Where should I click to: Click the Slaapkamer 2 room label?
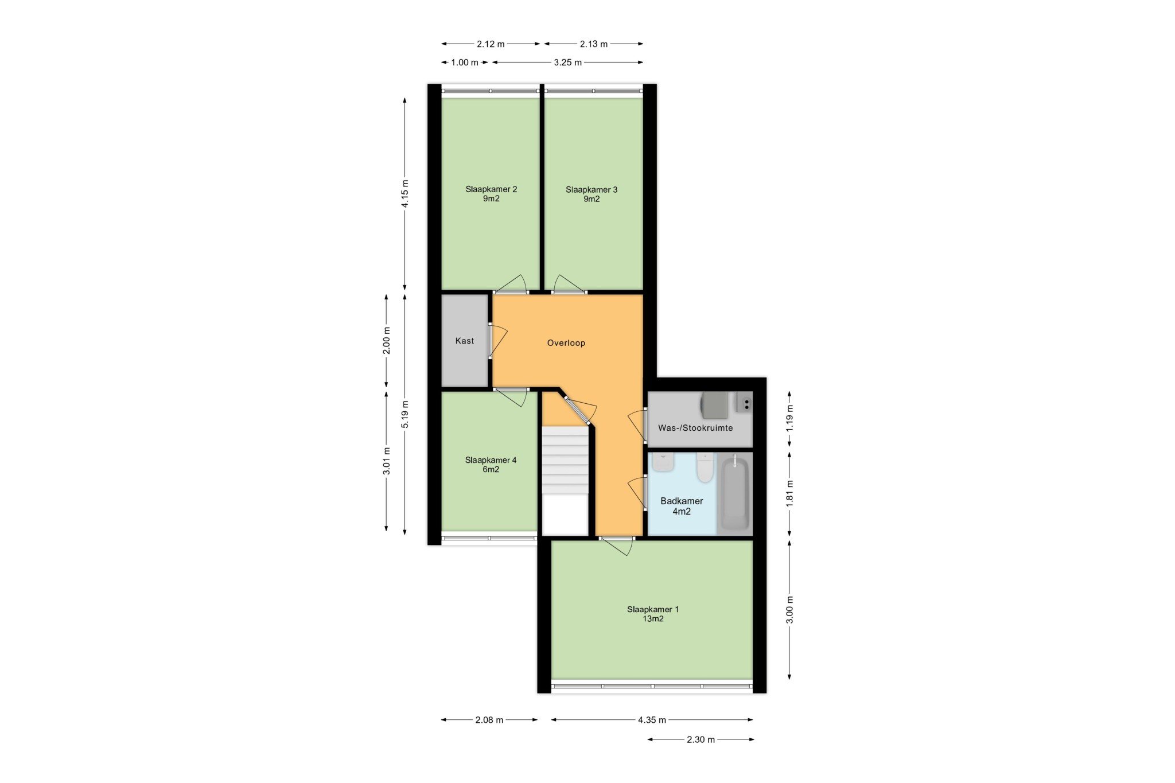(491, 194)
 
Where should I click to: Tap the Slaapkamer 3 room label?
(592, 194)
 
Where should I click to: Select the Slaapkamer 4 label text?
(491, 465)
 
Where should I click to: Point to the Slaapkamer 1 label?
(653, 614)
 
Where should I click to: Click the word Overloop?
(566, 343)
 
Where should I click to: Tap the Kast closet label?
(465, 341)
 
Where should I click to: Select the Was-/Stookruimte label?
(695, 428)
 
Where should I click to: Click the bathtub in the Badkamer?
(734, 493)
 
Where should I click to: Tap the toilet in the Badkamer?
(705, 467)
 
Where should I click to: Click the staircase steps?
(566, 460)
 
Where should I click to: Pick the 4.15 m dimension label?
(405, 194)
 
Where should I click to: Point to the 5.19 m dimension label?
(405, 414)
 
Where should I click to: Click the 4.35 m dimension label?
(652, 720)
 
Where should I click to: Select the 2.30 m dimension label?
(701, 739)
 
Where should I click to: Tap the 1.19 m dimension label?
(789, 418)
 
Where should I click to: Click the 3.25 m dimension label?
(567, 63)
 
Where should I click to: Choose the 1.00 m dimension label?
(464, 63)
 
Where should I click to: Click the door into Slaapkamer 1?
(616, 545)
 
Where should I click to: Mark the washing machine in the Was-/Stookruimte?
(715, 405)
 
